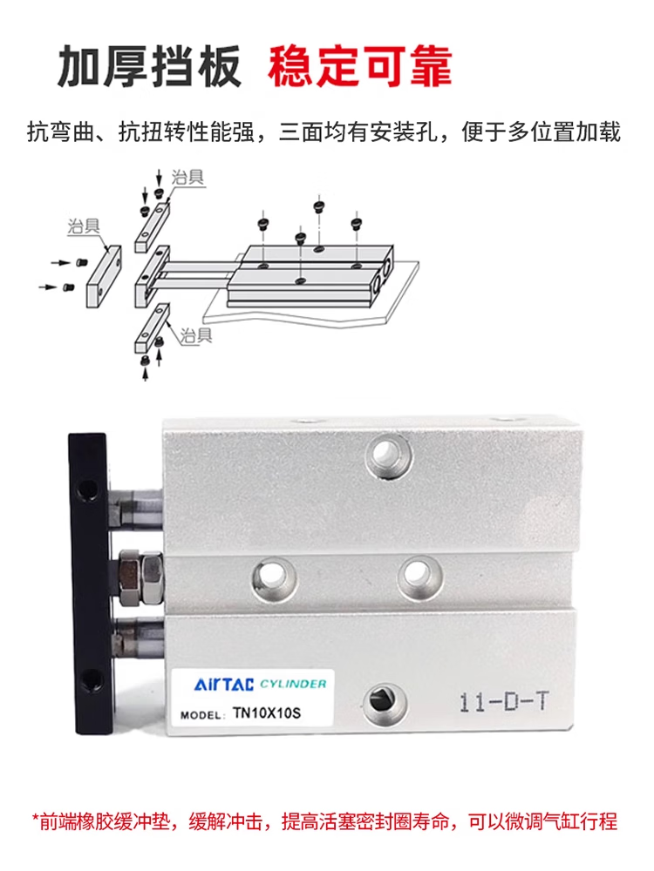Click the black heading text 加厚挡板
150,67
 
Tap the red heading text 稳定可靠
360,67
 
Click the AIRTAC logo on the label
223,685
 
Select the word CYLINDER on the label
293,684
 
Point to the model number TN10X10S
267,712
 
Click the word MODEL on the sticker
201,715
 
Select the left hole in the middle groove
274,578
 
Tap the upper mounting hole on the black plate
88,491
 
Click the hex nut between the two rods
140,577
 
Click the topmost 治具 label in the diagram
187,178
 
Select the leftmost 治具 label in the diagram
84,226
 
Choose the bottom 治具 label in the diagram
195,335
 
